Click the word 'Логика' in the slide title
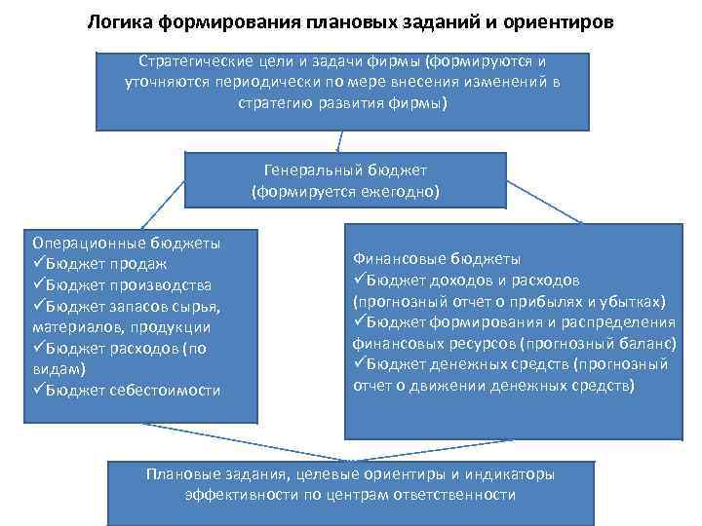coord(118,21)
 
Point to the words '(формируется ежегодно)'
coord(345,192)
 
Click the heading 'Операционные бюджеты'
coord(126,242)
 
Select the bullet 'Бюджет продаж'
coord(106,263)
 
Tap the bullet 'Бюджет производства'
coord(127,284)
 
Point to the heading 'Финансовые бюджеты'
coord(436,259)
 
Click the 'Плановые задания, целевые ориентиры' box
coord(349,485)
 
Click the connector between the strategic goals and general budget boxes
coord(337,141)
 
